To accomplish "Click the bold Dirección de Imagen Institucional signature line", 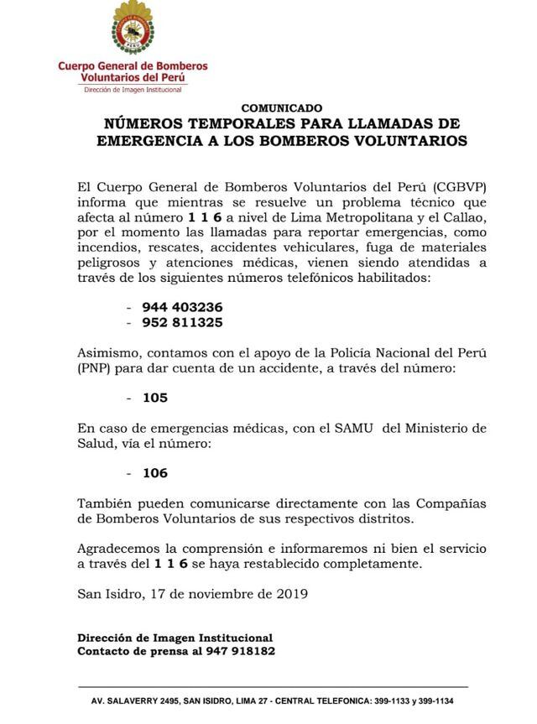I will [x=175, y=638].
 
